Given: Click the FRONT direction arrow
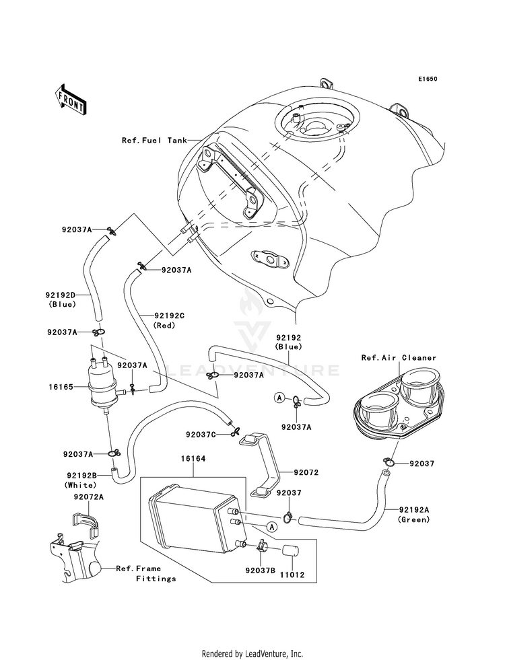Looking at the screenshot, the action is pyautogui.click(x=70, y=100).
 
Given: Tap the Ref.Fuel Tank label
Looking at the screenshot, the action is pyautogui.click(x=155, y=140).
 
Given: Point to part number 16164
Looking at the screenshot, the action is pyautogui.click(x=193, y=458).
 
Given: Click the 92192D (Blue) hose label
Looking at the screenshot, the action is pyautogui.click(x=62, y=299).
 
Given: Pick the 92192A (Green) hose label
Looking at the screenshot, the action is pyautogui.click(x=413, y=515).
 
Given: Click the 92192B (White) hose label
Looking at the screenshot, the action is pyautogui.click(x=81, y=480).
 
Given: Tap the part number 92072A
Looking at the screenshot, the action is pyautogui.click(x=88, y=497).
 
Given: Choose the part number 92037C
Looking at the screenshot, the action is pyautogui.click(x=201, y=434).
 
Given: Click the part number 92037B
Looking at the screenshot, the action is pyautogui.click(x=261, y=571).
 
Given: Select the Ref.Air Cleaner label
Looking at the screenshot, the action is pyautogui.click(x=399, y=358).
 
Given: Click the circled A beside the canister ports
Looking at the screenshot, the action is pyautogui.click(x=271, y=527).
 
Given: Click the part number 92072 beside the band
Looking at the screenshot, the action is pyautogui.click(x=306, y=472).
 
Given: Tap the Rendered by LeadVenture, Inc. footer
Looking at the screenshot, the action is pyautogui.click(x=252, y=653).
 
